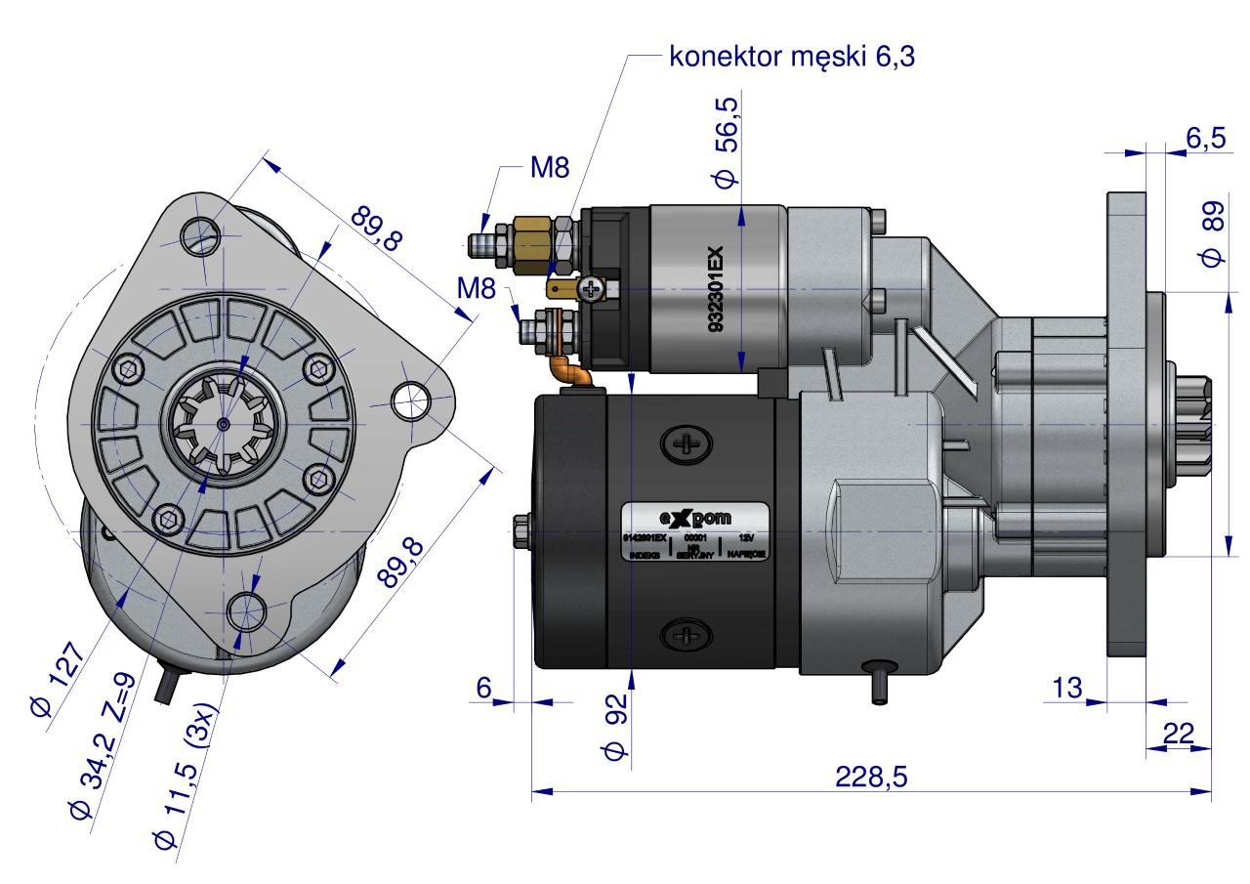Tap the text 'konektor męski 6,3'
(792, 58)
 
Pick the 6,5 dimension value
(1204, 139)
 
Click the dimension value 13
(1068, 687)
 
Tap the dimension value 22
(1179, 734)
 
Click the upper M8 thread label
(549, 168)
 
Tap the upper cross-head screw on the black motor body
(687, 445)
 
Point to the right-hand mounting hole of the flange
(412, 398)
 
